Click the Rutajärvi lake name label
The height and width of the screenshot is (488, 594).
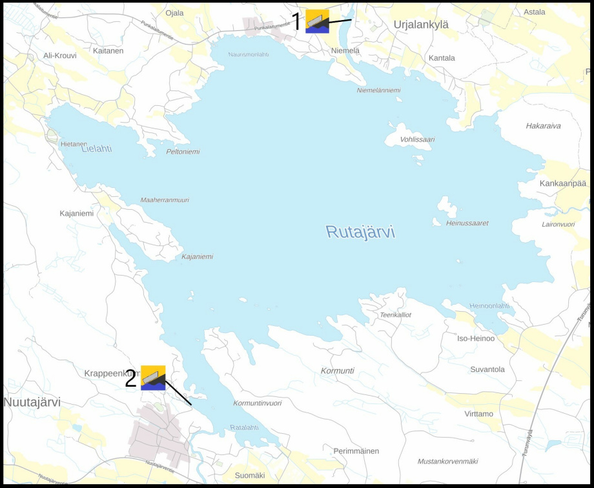(360, 232)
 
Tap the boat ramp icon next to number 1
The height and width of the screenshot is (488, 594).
(317, 21)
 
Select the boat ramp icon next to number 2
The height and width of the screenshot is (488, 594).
(153, 378)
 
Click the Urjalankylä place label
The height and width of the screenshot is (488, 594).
(421, 25)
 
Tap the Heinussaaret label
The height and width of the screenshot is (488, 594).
(467, 223)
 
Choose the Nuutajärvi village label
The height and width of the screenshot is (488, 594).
(32, 402)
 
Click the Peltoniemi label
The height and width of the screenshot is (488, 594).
(183, 152)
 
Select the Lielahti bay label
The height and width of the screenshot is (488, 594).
(97, 148)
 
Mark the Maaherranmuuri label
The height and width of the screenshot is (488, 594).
(165, 200)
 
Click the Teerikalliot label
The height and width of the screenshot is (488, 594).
(395, 315)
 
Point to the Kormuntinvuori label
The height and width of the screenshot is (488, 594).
(257, 403)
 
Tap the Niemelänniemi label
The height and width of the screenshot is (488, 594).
(378, 90)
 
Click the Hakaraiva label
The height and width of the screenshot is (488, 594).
(543, 126)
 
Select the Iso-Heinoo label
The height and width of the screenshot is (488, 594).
(475, 338)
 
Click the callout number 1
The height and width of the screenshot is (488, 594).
(296, 22)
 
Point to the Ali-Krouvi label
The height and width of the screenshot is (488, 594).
(60, 56)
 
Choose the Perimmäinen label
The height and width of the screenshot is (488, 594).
(356, 451)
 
